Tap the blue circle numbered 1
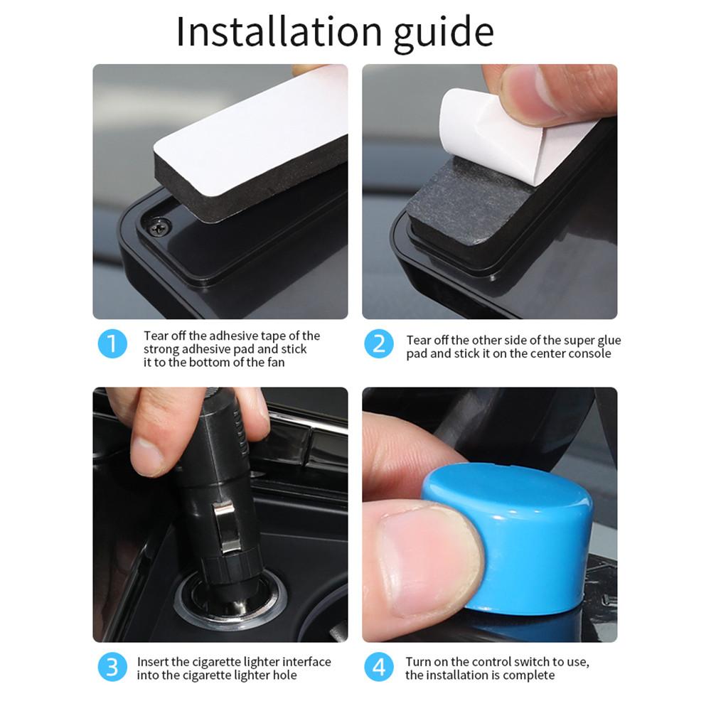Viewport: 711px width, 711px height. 112,344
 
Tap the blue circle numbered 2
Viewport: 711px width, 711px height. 379,344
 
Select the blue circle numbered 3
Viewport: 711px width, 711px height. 112,668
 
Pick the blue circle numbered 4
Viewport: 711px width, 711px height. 379,668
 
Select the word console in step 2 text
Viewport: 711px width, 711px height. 590,353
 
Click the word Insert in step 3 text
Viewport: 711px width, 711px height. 153,661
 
